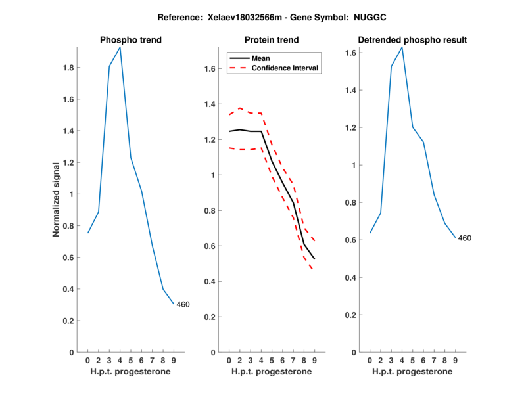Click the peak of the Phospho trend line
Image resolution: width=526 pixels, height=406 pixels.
(x=120, y=47)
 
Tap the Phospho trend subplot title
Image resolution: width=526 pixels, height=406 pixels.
(x=130, y=40)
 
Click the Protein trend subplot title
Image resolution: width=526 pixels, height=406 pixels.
(x=272, y=40)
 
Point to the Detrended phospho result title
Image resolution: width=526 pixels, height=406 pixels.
(x=412, y=40)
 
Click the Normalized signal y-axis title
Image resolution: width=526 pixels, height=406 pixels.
(x=57, y=198)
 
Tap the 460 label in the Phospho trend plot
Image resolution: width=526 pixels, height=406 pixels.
(x=183, y=304)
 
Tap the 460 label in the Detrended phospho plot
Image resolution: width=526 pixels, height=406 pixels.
(x=465, y=238)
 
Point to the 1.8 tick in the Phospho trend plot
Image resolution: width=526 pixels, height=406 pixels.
(x=68, y=68)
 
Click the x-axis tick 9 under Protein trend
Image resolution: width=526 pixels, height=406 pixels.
(x=314, y=360)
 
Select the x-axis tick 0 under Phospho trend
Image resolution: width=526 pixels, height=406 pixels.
(x=87, y=360)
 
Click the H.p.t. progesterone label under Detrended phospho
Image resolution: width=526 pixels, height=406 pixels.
(x=412, y=371)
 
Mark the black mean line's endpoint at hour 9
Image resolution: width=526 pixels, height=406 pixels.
(x=314, y=259)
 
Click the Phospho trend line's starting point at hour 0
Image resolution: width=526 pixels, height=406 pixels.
(x=87, y=233)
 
